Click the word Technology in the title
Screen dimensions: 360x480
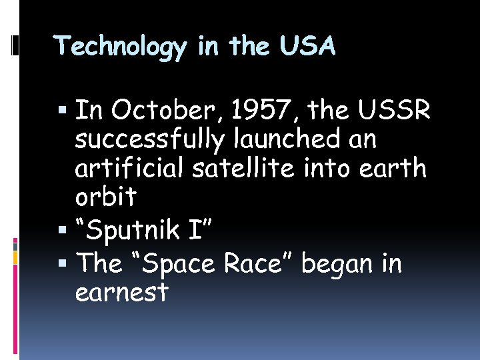coord(121,47)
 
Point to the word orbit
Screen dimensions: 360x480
coord(106,197)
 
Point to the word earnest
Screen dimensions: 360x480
coord(122,293)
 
